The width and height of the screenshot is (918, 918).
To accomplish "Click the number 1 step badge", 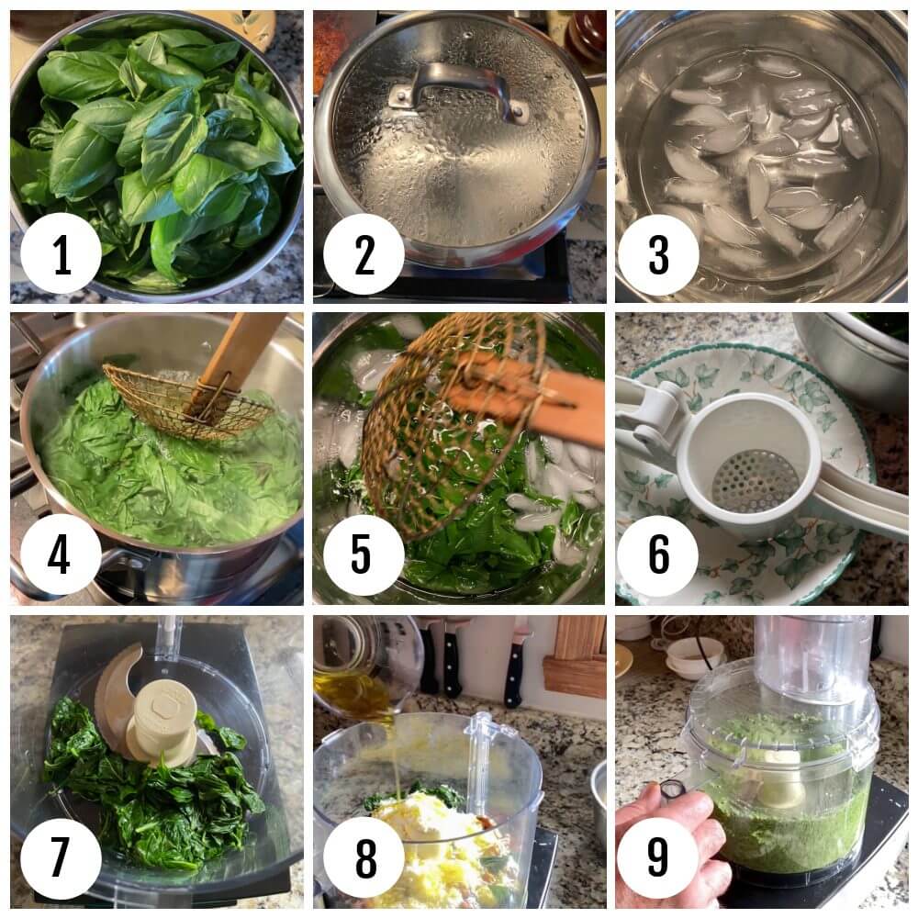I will [x=61, y=253].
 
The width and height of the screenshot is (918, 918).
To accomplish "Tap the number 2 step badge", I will [x=364, y=253].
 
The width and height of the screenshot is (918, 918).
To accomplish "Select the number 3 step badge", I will [x=657, y=253].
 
